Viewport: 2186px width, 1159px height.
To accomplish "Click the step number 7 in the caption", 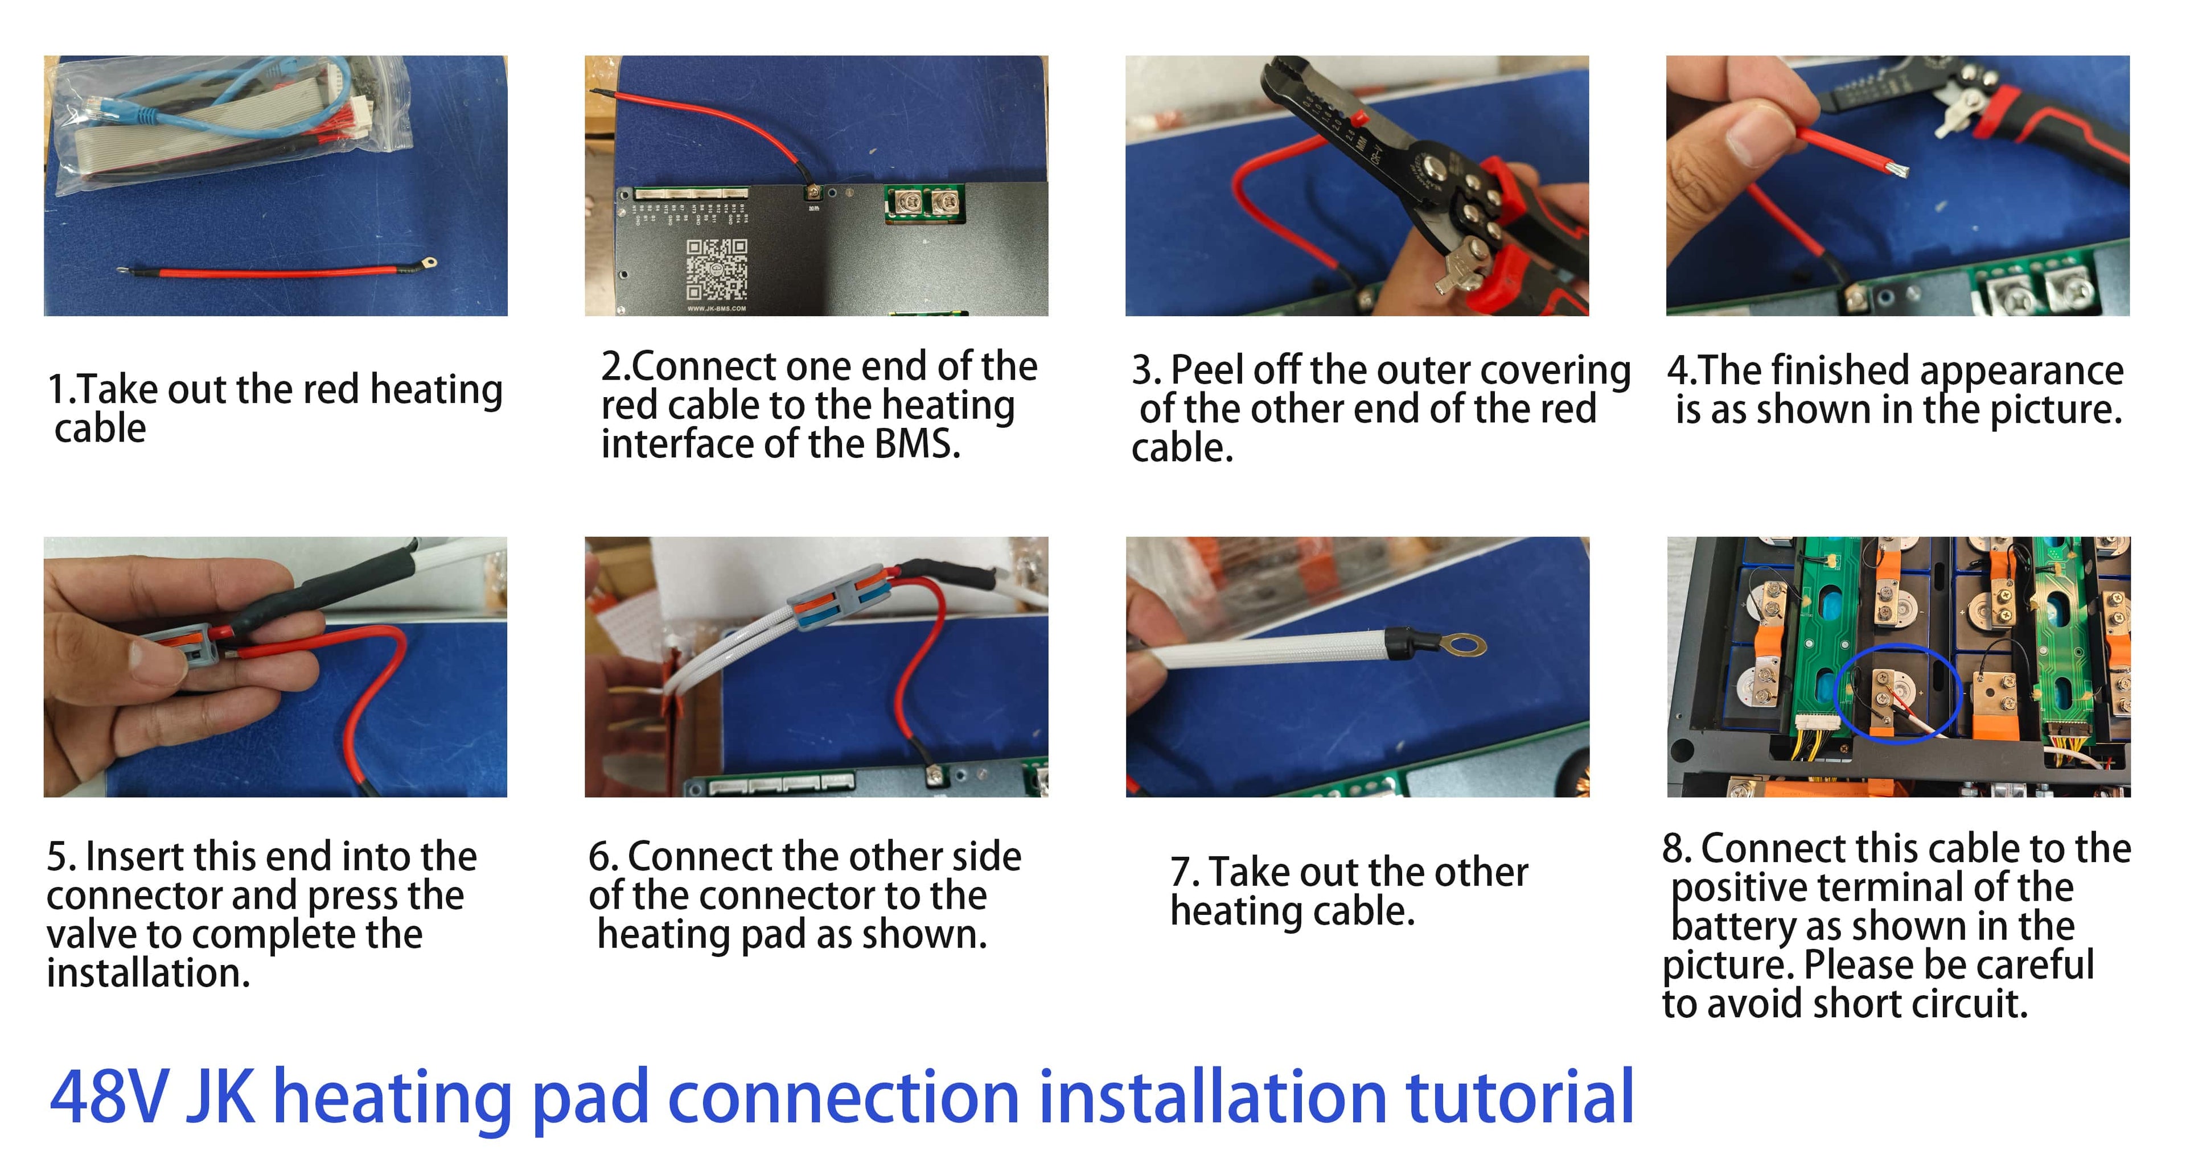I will [1181, 872].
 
